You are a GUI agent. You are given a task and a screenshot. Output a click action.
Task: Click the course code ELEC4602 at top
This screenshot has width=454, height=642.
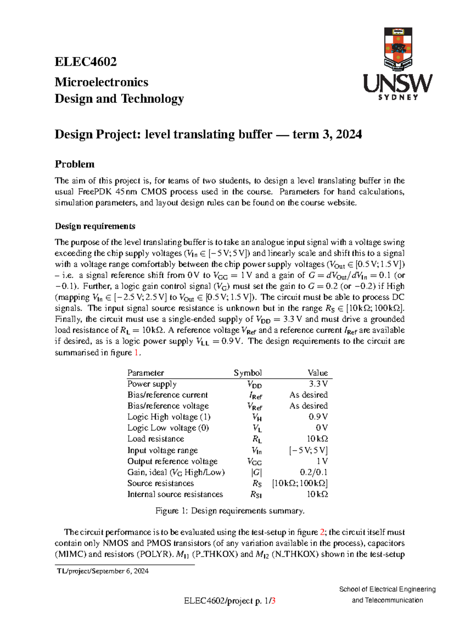(86, 62)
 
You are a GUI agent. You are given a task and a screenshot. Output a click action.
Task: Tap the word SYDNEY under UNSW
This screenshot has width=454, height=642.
(398, 97)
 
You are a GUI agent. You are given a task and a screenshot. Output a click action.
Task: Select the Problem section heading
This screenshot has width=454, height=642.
(75, 164)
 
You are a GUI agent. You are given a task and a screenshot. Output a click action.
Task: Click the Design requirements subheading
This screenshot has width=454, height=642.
(95, 226)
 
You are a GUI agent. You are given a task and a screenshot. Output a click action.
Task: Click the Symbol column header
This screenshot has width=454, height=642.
(247, 373)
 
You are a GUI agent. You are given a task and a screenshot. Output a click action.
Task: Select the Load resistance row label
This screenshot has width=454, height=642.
(155, 439)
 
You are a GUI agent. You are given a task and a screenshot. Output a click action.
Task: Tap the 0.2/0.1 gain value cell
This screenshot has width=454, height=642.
(313, 472)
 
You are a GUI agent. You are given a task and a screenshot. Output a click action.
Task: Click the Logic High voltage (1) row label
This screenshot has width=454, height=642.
(169, 417)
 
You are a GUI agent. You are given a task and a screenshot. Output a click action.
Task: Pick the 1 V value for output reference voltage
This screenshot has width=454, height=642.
(322, 461)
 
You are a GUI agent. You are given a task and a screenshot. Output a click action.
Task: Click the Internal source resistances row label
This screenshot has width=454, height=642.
(175, 494)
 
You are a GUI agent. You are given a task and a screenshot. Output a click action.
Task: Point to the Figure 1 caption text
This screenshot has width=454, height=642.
(230, 511)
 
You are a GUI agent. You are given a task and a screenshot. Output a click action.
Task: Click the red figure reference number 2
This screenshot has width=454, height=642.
(322, 532)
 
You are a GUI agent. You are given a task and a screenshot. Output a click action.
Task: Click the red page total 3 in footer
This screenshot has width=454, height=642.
(273, 600)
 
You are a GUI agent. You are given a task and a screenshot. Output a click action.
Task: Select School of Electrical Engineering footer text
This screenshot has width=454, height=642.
(387, 589)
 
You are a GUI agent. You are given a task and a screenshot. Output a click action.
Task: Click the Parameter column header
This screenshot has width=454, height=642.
(146, 373)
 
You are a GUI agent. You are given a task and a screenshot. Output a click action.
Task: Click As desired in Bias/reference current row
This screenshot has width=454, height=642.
(308, 395)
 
